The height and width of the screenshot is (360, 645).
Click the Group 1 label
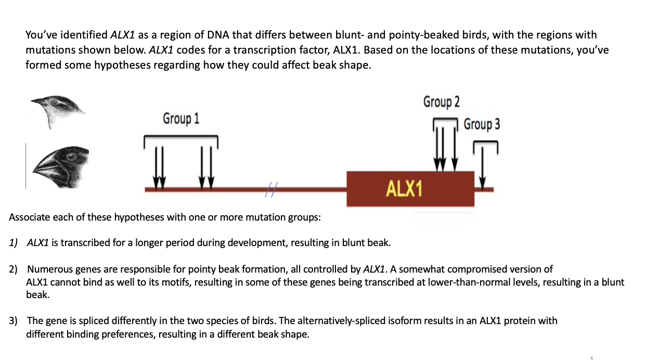click(181, 119)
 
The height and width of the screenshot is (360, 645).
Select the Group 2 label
click(441, 101)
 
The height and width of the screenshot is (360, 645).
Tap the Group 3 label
click(482, 124)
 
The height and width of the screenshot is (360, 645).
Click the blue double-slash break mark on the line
click(269, 190)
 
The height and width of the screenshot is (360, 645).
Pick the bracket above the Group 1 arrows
click(180, 136)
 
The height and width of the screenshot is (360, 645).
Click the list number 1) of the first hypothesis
click(14, 243)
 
